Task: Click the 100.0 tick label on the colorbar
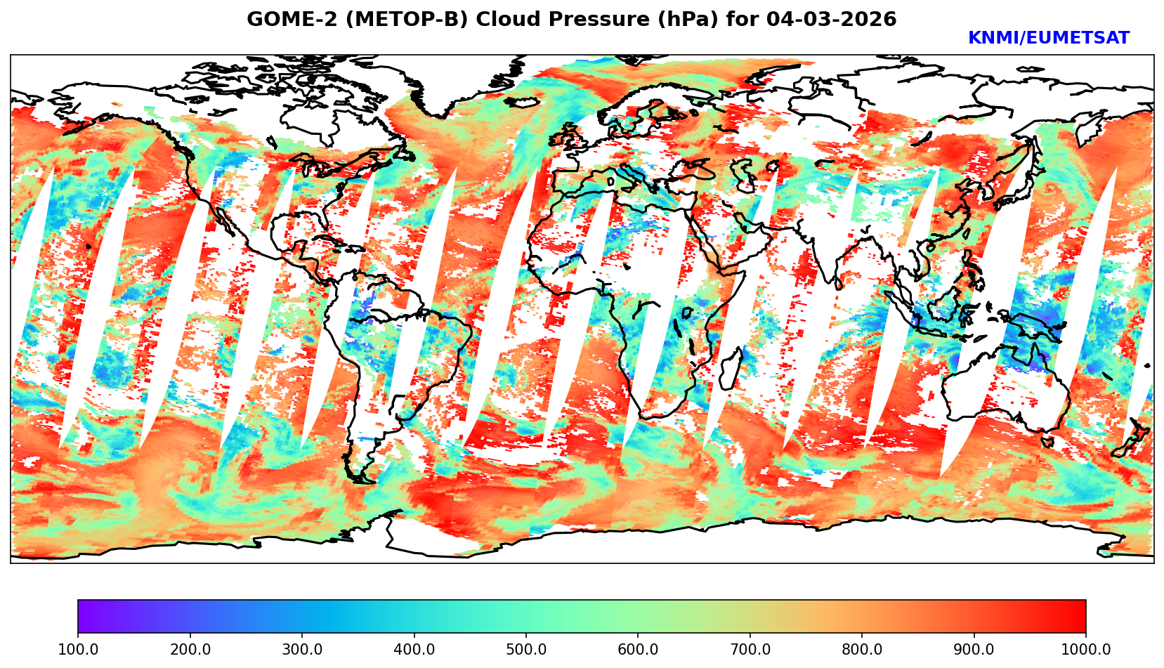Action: click(x=78, y=650)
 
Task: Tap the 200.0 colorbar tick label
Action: click(x=190, y=650)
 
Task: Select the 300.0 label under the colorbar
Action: click(x=302, y=650)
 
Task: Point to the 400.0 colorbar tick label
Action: click(x=414, y=650)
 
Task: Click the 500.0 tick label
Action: click(x=526, y=650)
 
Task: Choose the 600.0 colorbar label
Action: click(x=638, y=650)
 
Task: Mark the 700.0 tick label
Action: click(x=750, y=650)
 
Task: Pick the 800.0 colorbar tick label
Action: click(x=862, y=650)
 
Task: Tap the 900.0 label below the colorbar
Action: click(x=974, y=650)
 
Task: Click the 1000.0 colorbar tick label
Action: click(x=1086, y=650)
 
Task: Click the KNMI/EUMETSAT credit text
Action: click(x=1048, y=39)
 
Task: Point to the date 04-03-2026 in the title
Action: click(x=831, y=20)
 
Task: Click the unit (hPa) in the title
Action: click(x=691, y=20)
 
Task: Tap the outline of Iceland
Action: click(x=521, y=103)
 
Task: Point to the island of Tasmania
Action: click(x=1047, y=441)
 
